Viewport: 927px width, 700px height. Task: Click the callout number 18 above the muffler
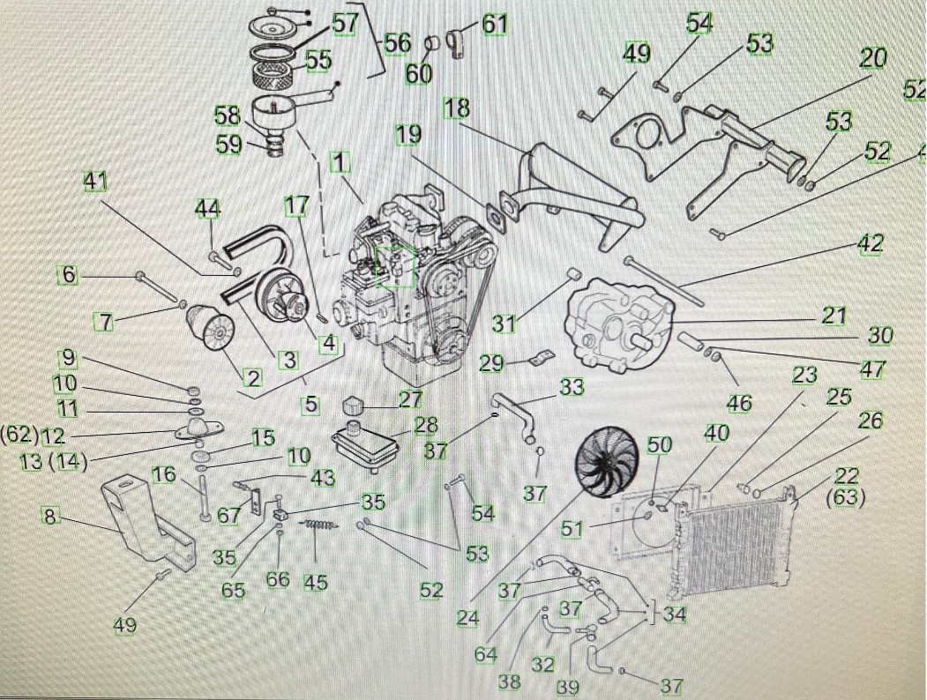(457, 108)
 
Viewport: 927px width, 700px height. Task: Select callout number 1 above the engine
(340, 162)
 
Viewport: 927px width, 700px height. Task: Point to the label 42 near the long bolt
(870, 244)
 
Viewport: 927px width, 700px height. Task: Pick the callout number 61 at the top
(494, 24)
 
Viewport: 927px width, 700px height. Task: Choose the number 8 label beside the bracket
(51, 517)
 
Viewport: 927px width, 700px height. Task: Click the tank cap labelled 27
(354, 409)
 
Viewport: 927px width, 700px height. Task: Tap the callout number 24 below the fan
(467, 618)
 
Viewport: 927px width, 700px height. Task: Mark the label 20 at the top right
(872, 59)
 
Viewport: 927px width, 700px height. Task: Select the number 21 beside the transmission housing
(834, 316)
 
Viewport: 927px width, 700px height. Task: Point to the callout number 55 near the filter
(318, 60)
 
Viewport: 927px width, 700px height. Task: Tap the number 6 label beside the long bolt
(69, 275)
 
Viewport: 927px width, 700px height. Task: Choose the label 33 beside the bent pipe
(571, 386)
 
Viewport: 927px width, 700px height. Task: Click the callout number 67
(228, 515)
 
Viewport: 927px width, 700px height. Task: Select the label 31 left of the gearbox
(504, 323)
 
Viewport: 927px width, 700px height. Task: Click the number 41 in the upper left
(95, 181)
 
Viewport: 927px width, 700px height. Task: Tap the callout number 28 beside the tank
(426, 426)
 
